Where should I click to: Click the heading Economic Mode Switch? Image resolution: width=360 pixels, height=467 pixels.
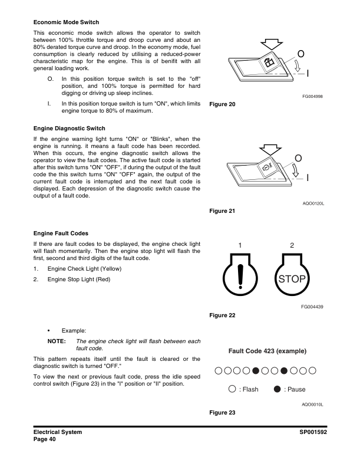66,22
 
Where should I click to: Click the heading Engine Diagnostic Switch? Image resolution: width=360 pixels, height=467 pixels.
70,129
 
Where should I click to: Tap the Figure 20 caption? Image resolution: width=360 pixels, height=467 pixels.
222,104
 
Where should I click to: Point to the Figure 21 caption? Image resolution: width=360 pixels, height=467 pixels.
222,211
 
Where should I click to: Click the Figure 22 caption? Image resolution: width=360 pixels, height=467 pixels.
222,315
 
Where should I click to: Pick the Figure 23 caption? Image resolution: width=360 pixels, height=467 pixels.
222,412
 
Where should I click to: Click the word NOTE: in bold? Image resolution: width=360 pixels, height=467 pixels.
57,341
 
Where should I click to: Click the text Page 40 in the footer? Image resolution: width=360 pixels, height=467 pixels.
45,439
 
